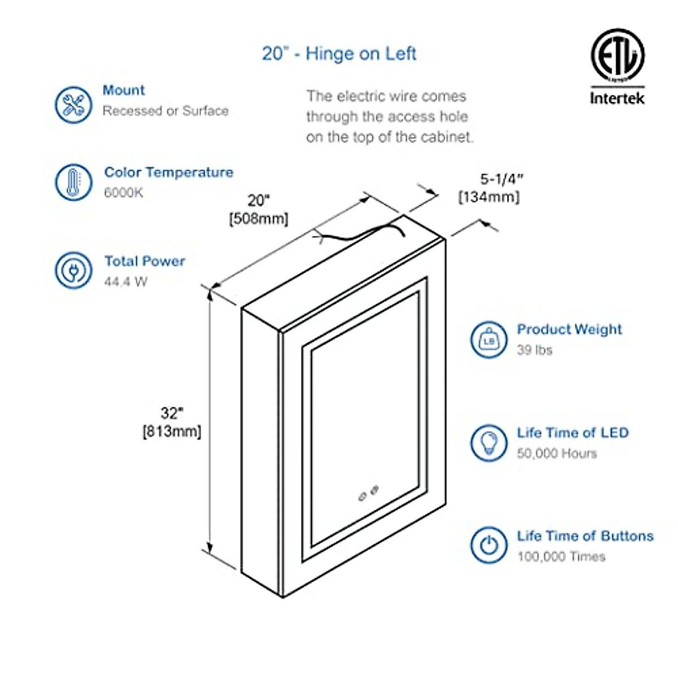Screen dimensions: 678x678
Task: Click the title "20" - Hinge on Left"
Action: [x=339, y=54]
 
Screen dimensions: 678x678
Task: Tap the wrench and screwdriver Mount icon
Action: [x=73, y=105]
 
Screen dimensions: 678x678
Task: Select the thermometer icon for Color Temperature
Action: [x=73, y=182]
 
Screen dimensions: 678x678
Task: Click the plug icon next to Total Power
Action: [x=73, y=270]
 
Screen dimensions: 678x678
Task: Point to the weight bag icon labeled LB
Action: [x=489, y=340]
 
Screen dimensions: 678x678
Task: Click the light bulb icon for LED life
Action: [x=489, y=443]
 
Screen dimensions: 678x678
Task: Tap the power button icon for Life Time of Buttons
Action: [x=489, y=545]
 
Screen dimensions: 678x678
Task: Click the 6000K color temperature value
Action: [x=124, y=193]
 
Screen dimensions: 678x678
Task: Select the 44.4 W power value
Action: [x=125, y=281]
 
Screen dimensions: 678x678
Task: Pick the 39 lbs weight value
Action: [x=534, y=350]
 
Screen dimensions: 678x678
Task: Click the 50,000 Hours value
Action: [x=557, y=454]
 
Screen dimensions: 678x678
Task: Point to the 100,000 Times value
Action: [x=561, y=557]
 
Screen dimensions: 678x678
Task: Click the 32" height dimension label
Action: [x=172, y=414]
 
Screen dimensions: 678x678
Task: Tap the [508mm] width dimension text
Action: [x=259, y=219]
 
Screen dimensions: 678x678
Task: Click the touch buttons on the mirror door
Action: [x=368, y=492]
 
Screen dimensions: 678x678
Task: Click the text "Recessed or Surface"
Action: [x=166, y=111]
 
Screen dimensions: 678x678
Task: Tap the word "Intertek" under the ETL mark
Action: [x=617, y=98]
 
